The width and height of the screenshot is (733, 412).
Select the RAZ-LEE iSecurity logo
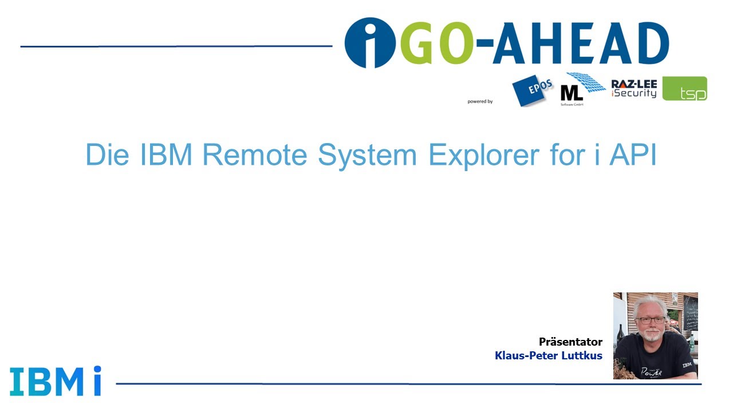634,89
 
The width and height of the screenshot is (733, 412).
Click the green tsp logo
685,89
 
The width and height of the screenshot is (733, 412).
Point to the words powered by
480,101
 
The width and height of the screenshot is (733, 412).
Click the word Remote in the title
255,154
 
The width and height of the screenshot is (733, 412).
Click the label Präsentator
570,342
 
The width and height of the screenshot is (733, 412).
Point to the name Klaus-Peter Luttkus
548,356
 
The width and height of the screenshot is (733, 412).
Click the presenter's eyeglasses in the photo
651,320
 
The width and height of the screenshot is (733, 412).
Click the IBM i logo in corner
56,381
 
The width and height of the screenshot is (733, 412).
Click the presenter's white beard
652,336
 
